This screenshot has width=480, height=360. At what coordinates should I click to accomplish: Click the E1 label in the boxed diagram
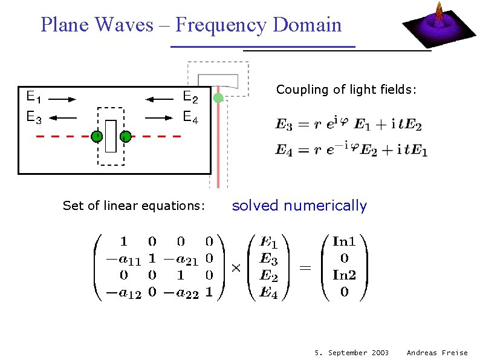(33, 97)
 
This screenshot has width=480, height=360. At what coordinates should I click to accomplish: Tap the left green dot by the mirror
(96, 136)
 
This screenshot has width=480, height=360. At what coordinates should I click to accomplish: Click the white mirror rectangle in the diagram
(111, 136)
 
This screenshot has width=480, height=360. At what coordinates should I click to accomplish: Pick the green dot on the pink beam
(218, 97)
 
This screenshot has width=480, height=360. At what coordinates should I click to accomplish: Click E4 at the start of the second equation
(284, 151)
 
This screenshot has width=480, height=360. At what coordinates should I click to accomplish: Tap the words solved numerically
(299, 206)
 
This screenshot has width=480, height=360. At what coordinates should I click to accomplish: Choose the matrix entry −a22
(184, 293)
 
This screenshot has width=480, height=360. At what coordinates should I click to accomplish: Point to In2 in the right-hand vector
(344, 275)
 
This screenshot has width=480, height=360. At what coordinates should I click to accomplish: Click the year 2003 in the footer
(378, 352)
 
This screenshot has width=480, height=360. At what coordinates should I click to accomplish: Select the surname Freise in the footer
(455, 352)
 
